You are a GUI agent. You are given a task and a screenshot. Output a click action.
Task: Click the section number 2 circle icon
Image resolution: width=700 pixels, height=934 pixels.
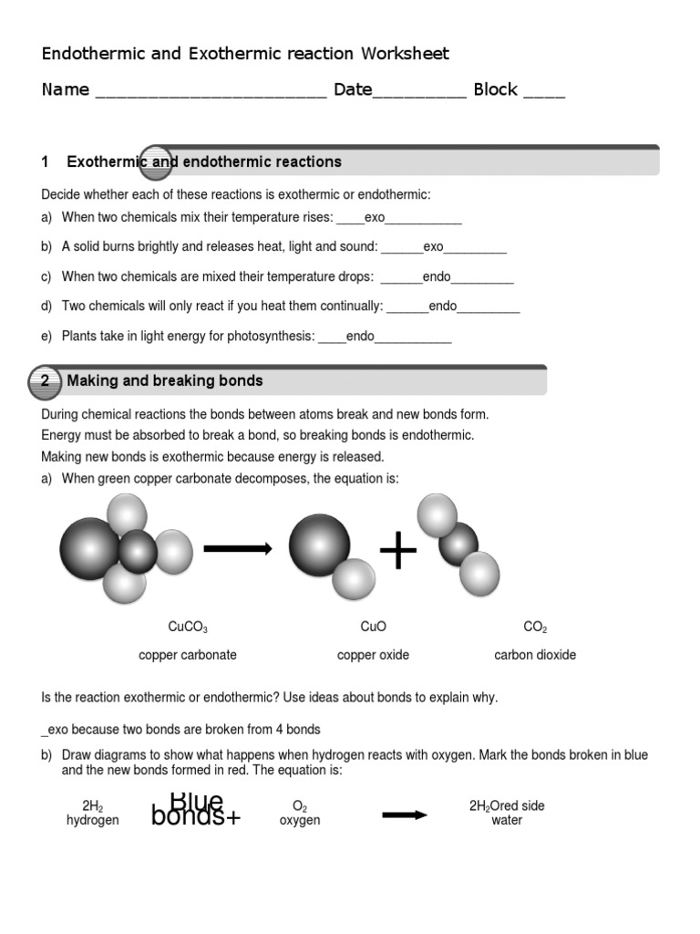[x=45, y=381]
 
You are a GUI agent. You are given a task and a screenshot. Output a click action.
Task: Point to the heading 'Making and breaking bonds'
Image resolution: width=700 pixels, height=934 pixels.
[x=165, y=380]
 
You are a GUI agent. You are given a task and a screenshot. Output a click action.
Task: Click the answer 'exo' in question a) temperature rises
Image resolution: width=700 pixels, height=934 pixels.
[x=375, y=218]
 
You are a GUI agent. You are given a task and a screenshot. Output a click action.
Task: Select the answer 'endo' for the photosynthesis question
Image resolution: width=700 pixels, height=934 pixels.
[x=360, y=337]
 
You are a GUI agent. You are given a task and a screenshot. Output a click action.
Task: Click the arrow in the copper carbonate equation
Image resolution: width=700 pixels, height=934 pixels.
[x=237, y=548]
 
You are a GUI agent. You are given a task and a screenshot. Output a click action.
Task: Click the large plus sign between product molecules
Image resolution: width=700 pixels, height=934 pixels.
[x=397, y=552]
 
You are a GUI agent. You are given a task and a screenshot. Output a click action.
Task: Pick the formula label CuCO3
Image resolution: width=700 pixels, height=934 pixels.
[x=188, y=628]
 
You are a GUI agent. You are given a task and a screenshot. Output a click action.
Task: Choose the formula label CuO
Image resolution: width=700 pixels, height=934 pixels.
[x=373, y=627]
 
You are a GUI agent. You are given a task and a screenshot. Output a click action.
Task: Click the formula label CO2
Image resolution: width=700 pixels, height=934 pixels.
[x=535, y=628]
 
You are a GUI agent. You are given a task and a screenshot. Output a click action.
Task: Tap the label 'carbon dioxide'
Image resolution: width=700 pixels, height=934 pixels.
[x=535, y=655]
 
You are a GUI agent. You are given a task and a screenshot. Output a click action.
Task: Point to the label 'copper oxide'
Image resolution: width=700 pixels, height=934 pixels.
[x=373, y=655]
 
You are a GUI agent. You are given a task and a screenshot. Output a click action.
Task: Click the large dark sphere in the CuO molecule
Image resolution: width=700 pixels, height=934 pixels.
[x=319, y=545]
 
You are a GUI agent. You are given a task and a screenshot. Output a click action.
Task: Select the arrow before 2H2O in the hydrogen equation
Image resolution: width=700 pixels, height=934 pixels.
[x=404, y=815]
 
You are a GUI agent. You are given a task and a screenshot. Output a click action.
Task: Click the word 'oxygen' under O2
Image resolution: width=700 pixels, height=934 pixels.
[x=300, y=820]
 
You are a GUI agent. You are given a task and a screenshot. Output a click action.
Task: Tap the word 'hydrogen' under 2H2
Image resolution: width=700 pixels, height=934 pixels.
[x=92, y=820]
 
